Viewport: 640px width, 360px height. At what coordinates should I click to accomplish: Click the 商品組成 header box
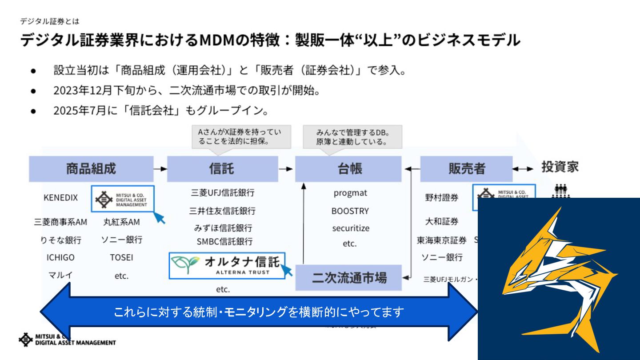pos(91,169)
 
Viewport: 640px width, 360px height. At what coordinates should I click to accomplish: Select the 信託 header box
pos(222,169)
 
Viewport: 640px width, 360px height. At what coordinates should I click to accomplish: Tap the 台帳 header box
pos(348,169)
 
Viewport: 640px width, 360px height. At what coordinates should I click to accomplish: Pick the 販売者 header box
pos(466,169)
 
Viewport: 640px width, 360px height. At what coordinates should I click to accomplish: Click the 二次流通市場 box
pos(348,278)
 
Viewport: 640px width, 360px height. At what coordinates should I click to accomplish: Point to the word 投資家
pos(560,167)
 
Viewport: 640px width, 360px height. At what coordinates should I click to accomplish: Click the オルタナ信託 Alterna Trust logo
pos(227,265)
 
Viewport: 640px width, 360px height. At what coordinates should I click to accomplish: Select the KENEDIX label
pos(60,198)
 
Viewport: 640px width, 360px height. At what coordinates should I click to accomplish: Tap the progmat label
pos(350,193)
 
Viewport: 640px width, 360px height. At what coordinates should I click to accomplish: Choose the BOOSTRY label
pos(350,211)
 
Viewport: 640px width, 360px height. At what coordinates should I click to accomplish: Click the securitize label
pos(350,228)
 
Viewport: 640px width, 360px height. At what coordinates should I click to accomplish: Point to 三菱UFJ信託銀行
pos(223,193)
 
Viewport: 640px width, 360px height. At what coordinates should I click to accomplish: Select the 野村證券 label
pos(441,198)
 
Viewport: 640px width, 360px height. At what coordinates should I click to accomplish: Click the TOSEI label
pos(121,257)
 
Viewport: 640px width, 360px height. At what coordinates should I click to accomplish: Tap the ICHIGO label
pos(60,257)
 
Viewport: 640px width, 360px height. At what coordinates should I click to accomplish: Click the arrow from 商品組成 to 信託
pos(160,169)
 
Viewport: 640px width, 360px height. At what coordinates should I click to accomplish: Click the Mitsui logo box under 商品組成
pos(123,199)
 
